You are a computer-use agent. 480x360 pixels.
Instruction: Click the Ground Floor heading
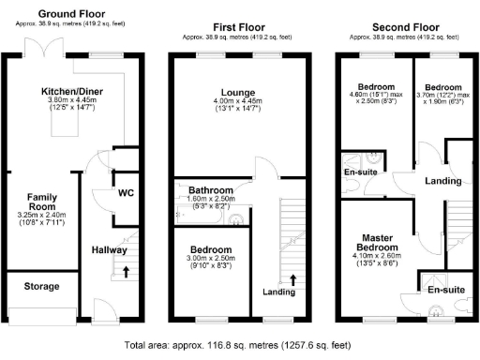click(x=72, y=16)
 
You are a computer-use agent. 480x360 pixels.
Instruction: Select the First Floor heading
click(x=237, y=29)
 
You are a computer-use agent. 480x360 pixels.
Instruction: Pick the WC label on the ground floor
click(x=127, y=193)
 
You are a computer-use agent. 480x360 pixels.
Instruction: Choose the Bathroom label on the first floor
click(x=211, y=189)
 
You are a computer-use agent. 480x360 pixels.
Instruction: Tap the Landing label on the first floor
click(x=277, y=291)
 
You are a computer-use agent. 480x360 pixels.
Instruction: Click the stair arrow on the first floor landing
click(x=293, y=278)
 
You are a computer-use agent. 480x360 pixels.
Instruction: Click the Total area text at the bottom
click(x=240, y=346)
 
